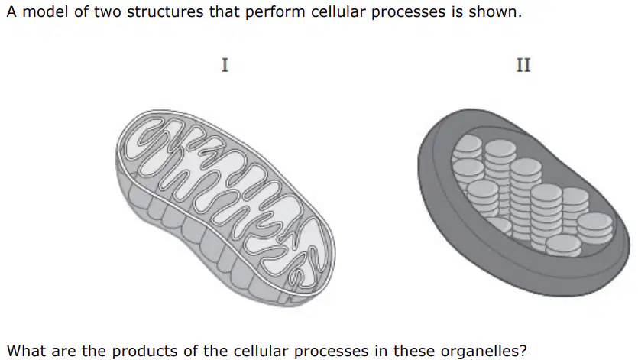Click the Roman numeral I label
225,65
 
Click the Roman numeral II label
523,65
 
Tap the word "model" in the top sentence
45,11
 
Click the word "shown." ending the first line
495,11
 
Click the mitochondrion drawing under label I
226,208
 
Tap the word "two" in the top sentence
108,12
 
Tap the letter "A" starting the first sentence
11,11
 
